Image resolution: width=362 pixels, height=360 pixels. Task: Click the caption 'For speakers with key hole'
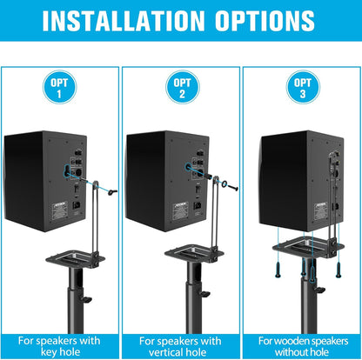58,347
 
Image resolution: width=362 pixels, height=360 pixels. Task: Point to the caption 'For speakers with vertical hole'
181,347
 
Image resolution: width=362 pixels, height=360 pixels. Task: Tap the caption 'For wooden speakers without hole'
301,347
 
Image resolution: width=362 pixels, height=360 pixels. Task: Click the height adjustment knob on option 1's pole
87,300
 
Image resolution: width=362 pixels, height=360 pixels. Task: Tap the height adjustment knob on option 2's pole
206,300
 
